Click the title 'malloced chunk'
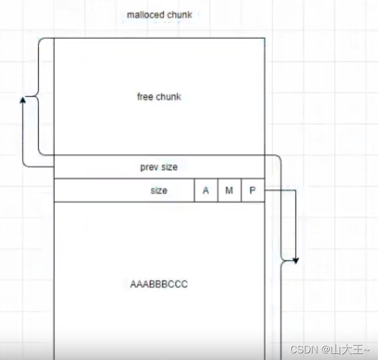coord(159,15)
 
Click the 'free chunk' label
coord(159,97)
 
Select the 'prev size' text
coord(159,167)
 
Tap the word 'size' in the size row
coord(158,191)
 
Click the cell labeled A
coord(206,191)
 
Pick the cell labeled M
coord(229,191)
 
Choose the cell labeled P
coord(253,191)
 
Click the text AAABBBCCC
coord(159,284)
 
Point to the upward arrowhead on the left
coord(23,99)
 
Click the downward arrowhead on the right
coord(295,259)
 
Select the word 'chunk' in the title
coord(180,15)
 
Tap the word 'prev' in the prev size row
coord(149,167)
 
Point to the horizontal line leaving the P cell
coord(280,191)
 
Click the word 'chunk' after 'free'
coord(168,97)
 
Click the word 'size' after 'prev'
coord(169,167)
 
